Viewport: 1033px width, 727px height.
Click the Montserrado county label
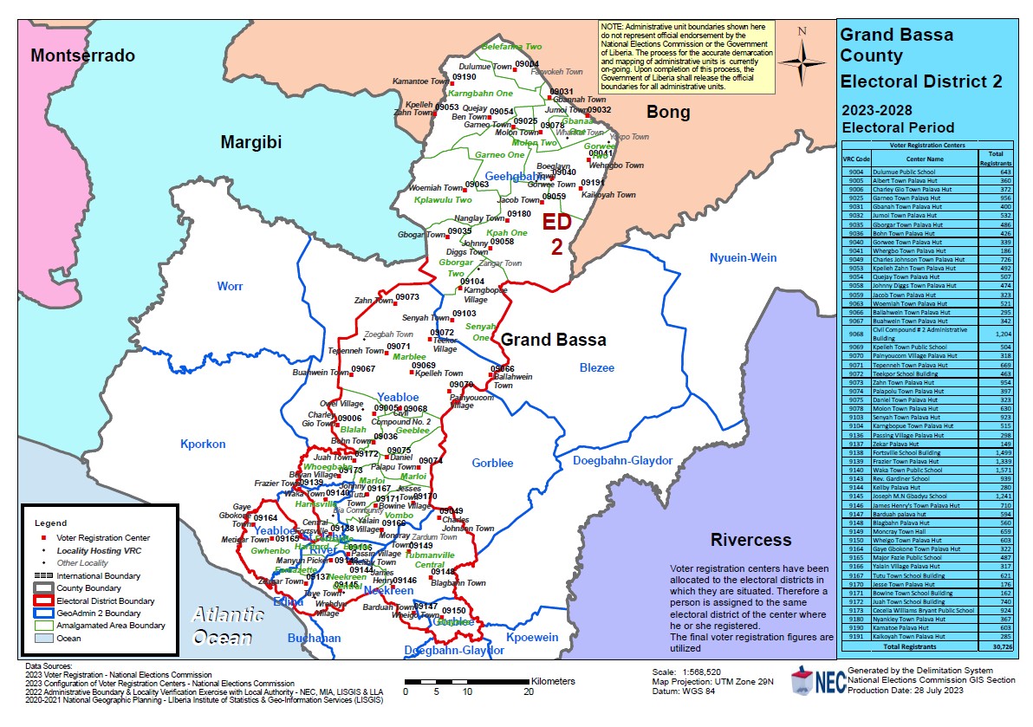pos(83,56)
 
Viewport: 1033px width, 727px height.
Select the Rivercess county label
pos(751,540)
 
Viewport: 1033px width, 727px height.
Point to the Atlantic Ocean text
pos(228,626)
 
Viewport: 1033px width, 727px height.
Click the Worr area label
pos(231,286)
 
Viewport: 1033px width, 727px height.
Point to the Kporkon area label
pos(203,445)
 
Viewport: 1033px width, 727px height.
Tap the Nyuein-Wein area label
pos(744,258)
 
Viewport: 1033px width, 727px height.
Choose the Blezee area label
pos(596,368)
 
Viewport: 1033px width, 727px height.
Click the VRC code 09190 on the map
pos(465,77)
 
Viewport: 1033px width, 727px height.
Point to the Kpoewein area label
pos(533,638)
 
